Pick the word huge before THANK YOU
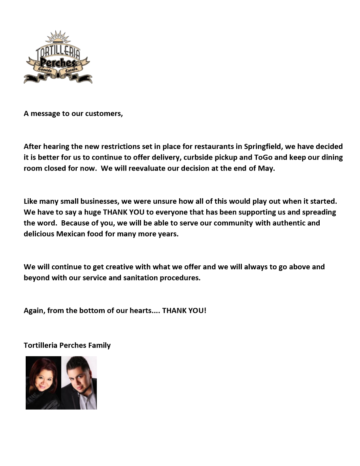(91, 212)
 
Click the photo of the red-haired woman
(43, 383)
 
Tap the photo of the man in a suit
(79, 383)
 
